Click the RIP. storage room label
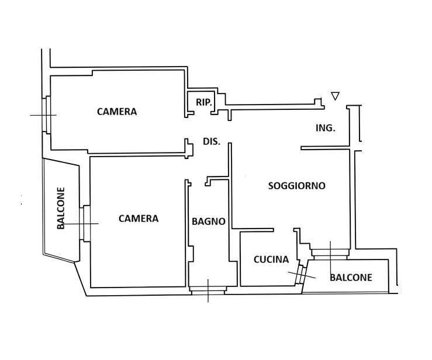204,102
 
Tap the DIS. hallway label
212,141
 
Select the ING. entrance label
326,128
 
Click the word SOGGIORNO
297,186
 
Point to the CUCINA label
271,259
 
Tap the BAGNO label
209,221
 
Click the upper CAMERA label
117,112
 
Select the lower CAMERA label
139,219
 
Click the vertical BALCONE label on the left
61,208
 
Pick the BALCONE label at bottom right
351,278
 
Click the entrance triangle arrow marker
336,96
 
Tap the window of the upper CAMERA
47,115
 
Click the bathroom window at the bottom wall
208,290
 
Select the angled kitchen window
300,274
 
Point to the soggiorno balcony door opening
330,254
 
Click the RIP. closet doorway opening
202,113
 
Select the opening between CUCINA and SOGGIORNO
284,230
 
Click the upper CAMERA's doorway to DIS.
189,128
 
